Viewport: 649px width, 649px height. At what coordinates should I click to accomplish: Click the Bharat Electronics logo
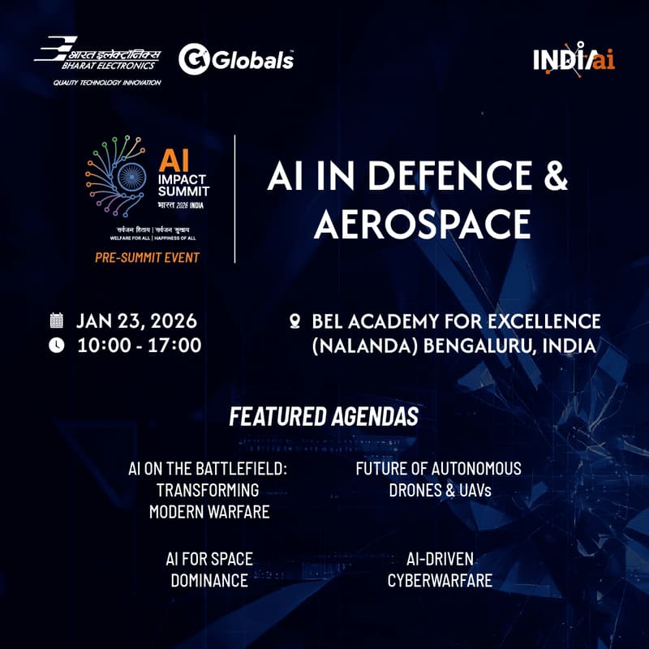[97, 54]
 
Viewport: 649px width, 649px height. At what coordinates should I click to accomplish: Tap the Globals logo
[236, 59]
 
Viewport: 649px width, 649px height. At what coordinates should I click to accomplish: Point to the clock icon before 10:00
[56, 345]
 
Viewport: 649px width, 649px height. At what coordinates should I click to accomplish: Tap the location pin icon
[295, 320]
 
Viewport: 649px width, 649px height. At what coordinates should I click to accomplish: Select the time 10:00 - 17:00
[139, 345]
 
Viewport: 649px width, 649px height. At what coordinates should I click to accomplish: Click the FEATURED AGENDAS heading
[324, 417]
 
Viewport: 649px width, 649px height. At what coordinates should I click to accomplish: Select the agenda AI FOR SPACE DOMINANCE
[209, 569]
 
